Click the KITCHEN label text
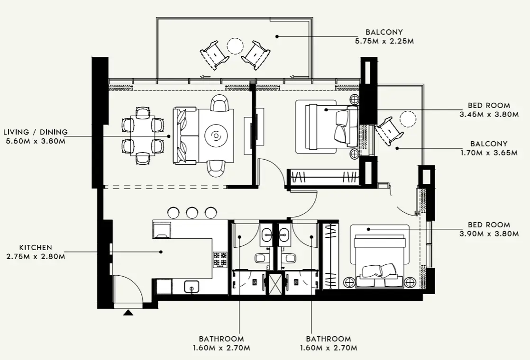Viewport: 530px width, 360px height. [x=36, y=248]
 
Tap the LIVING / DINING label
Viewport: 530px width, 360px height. [x=36, y=132]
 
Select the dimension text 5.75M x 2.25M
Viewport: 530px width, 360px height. [x=384, y=41]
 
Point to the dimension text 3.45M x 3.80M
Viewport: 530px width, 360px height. [x=486, y=114]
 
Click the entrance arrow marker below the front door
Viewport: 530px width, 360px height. [x=128, y=313]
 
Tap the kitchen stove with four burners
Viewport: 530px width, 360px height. [x=220, y=259]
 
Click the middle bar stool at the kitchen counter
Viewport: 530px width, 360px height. [x=192, y=213]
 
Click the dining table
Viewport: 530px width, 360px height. [x=143, y=135]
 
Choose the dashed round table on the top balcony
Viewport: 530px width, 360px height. [x=235, y=46]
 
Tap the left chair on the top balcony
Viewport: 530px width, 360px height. [x=214, y=55]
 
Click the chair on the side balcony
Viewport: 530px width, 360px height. [x=388, y=130]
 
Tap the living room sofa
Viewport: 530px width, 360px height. [x=185, y=135]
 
